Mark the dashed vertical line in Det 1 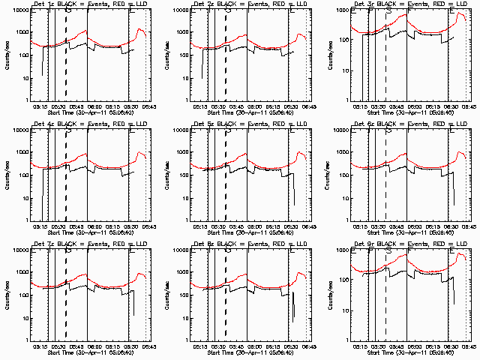[x=66, y=60]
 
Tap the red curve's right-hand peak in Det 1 [x=140, y=29]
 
